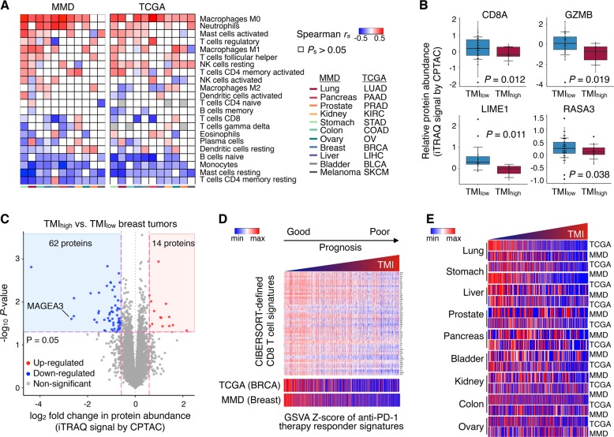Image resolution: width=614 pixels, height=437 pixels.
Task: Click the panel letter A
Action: pos(6,7)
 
